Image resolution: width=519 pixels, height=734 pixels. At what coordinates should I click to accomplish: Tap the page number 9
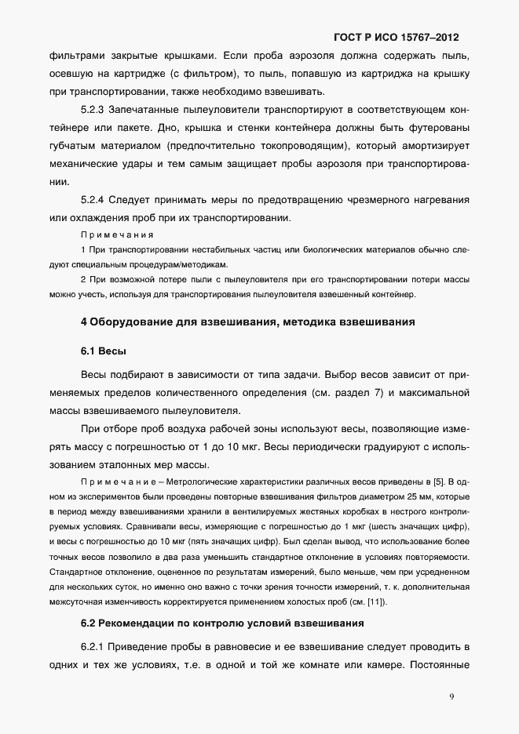(451, 695)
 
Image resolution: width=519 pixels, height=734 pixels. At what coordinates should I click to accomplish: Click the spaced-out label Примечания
(117, 234)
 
